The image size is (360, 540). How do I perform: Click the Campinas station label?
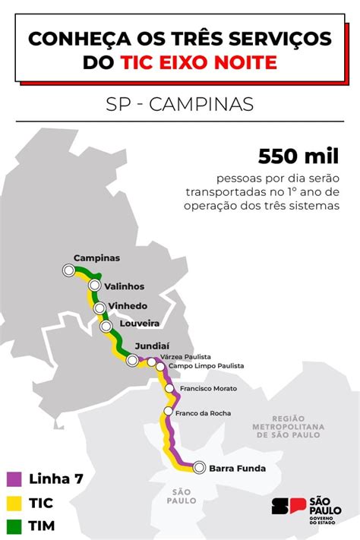pos(96,257)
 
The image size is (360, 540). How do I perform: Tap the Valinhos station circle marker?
pos(94,286)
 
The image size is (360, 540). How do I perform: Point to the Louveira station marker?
pos(106,326)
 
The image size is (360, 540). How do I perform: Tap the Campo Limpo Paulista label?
pos(206,366)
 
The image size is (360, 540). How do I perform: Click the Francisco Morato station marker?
pos(170,389)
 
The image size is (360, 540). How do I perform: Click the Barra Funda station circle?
pos(199,468)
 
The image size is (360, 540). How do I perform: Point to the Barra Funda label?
pos(238,468)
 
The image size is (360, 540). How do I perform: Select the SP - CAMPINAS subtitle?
pos(179,103)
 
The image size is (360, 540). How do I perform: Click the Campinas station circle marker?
pos(69,270)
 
